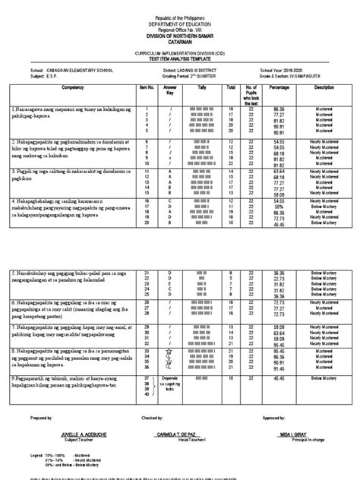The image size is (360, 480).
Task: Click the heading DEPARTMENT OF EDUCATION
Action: click(x=180, y=22)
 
